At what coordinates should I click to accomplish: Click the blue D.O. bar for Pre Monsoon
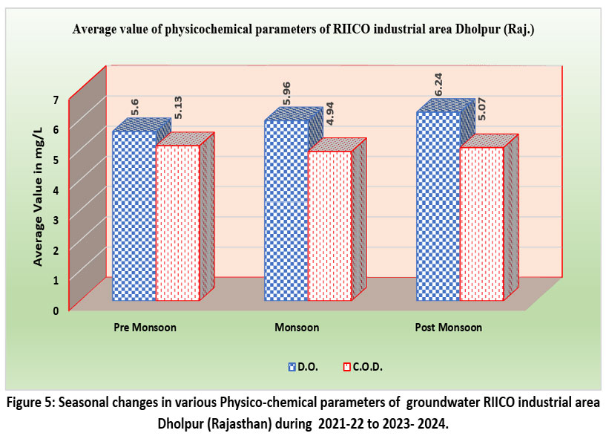(x=134, y=215)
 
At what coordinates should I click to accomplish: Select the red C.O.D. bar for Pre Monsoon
(x=178, y=223)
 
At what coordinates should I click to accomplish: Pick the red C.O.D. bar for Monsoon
(x=330, y=226)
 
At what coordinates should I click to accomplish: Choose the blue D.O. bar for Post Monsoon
(x=438, y=206)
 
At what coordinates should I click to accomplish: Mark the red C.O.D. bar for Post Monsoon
(x=482, y=224)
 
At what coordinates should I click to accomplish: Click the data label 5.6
(x=136, y=107)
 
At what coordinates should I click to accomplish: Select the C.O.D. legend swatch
(x=346, y=367)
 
